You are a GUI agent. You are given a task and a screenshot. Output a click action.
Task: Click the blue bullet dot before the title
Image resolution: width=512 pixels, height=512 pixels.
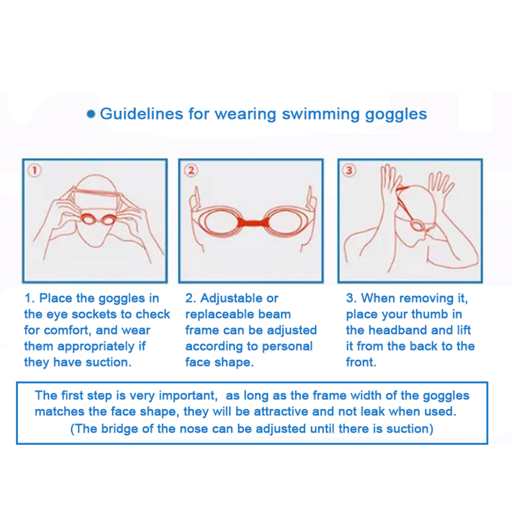pos(91,114)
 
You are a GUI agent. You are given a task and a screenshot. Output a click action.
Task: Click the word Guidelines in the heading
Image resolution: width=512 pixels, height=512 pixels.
pos(142,113)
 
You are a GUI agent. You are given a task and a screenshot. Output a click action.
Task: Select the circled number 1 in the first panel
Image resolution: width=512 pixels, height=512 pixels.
pos(35,171)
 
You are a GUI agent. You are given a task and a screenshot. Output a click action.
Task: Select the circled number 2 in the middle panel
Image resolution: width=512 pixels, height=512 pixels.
pos(191,171)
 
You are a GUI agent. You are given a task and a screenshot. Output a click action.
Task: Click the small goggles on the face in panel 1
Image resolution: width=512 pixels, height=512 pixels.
pos(97,219)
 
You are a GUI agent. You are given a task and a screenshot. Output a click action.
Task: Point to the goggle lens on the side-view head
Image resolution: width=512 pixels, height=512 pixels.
pos(416,225)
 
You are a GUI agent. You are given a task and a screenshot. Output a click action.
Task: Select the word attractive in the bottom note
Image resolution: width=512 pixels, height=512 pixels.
pos(281,411)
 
